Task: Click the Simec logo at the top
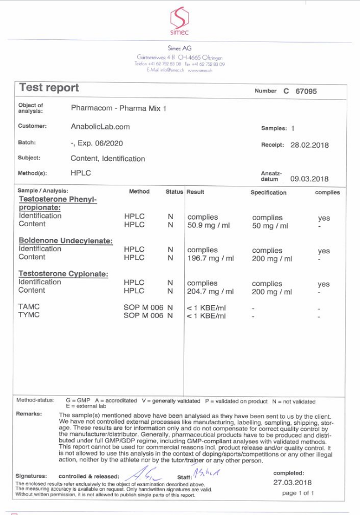(179, 20)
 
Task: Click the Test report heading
(49, 87)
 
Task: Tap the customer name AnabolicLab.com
(101, 126)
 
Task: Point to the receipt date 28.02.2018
(309, 145)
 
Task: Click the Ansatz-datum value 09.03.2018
(309, 179)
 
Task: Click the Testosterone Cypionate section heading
(64, 274)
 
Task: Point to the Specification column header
(268, 193)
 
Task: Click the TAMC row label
(29, 306)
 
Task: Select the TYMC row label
(29, 315)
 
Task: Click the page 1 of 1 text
(298, 493)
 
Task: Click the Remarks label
(29, 414)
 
